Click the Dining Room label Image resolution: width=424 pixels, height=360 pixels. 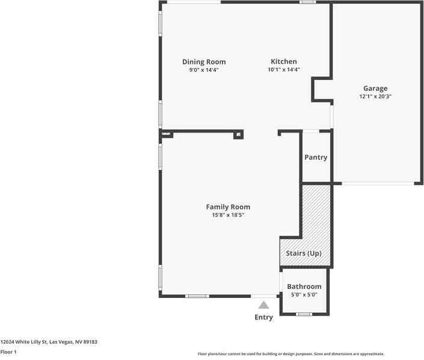coord(204,62)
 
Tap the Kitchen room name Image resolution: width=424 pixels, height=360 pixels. coord(283,62)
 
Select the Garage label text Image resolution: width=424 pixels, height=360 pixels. coord(375,88)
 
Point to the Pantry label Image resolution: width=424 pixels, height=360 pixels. coord(316,158)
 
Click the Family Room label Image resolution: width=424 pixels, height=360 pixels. coord(228,207)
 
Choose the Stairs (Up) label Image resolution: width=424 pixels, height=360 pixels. coord(303,253)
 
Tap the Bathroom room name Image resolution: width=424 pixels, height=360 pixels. coord(304,287)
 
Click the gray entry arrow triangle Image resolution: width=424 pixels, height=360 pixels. coord(263,305)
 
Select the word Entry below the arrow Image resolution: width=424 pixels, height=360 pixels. coord(263,317)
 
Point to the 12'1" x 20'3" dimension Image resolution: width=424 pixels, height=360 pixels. coord(375,96)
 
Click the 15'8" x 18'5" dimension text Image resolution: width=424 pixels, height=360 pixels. coord(228,215)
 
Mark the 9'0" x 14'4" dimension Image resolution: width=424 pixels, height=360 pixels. coord(204,70)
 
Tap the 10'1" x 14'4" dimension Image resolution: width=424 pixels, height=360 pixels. coord(284,70)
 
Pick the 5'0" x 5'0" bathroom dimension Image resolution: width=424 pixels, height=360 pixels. coord(304,294)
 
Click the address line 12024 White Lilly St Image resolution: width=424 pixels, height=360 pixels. coord(49,342)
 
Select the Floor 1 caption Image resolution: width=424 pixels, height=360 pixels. coord(8,352)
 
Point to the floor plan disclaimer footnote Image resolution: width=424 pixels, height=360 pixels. coord(291,354)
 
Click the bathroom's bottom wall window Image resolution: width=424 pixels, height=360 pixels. coord(304,314)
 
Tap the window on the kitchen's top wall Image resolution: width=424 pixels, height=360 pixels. coord(308,2)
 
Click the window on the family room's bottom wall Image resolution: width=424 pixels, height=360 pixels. coord(197,296)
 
